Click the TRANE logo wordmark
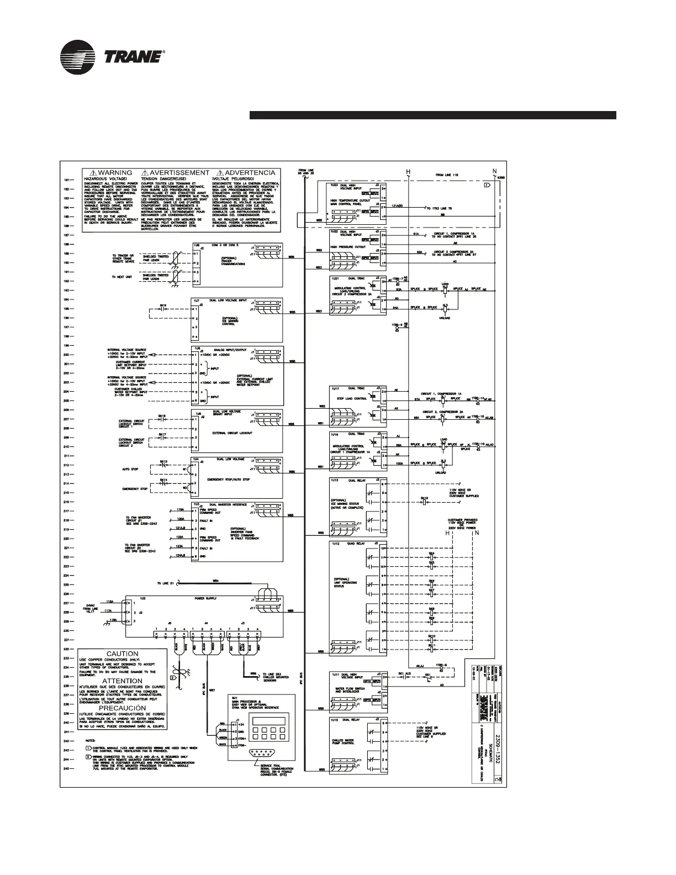(133, 57)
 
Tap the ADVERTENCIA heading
(250, 173)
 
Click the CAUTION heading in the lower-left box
(122, 653)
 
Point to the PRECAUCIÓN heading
(122, 708)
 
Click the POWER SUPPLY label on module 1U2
(204, 598)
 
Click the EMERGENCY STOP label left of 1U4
(135, 489)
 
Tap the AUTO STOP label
(130, 469)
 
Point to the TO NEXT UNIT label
(122, 277)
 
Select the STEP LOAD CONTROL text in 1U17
(352, 398)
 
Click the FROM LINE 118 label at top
(447, 175)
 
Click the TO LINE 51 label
(165, 583)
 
